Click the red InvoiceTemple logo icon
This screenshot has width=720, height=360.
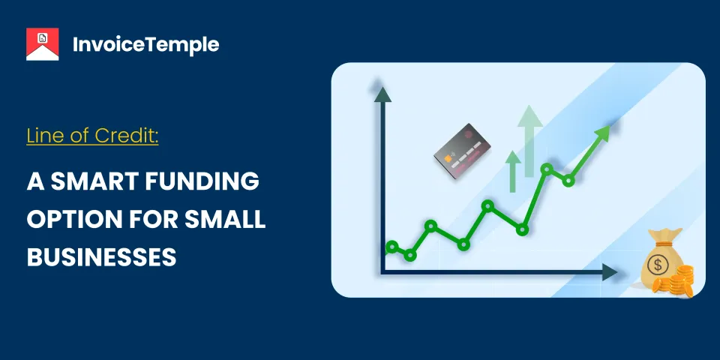[x=43, y=44]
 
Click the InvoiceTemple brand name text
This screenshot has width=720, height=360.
[x=146, y=44]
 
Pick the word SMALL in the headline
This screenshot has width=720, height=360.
[x=226, y=220]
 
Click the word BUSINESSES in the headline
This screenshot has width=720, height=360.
[x=101, y=257]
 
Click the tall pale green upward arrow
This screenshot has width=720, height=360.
[x=531, y=139]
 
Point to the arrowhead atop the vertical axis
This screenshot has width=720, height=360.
[x=382, y=94]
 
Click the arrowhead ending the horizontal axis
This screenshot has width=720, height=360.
[x=608, y=272]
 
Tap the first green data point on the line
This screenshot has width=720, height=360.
[x=391, y=247]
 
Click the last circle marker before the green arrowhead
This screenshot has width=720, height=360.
[x=568, y=180]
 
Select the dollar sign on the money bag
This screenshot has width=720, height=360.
[x=658, y=265]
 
